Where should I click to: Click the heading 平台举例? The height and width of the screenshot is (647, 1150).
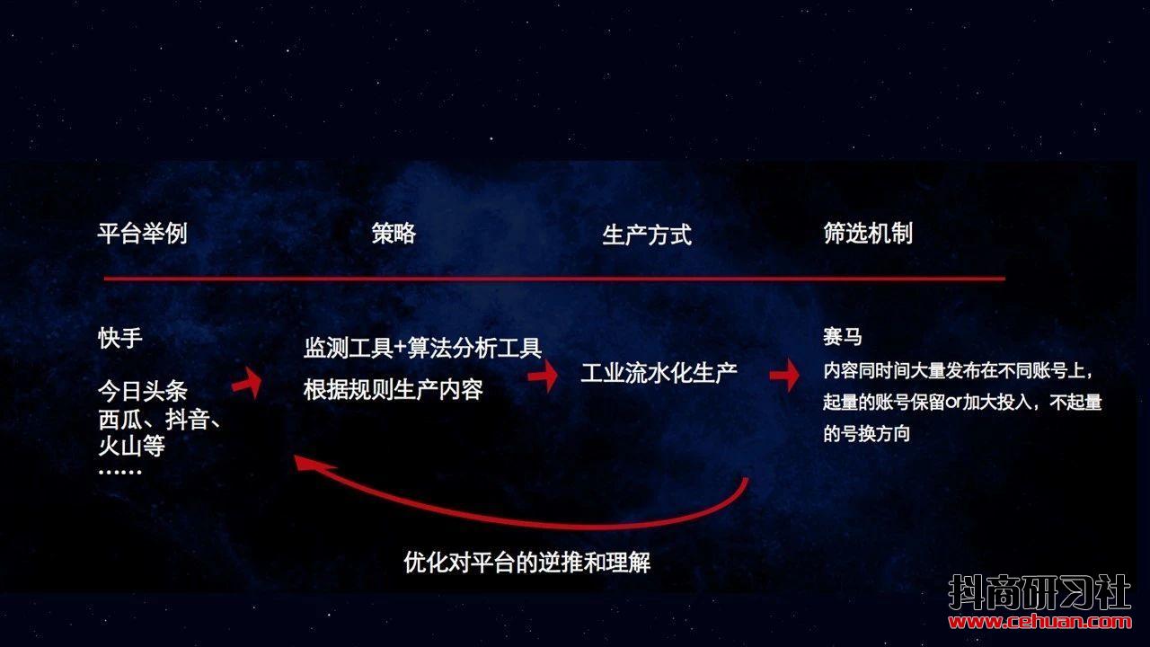[142, 234]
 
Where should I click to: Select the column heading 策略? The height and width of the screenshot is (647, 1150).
[394, 234]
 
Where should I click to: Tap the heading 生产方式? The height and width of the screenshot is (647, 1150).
[647, 235]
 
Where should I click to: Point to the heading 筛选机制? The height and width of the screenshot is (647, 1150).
[868, 233]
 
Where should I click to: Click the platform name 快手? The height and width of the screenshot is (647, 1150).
[120, 338]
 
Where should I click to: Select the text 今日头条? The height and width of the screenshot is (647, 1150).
[143, 391]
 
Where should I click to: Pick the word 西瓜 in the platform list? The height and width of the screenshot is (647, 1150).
[120, 420]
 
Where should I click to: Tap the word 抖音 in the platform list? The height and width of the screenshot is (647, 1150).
[188, 420]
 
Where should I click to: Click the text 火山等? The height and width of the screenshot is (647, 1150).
[131, 446]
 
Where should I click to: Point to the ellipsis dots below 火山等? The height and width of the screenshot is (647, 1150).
[119, 472]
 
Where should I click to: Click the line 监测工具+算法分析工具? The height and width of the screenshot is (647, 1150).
[422, 348]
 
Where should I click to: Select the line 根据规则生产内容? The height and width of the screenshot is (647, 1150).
[394, 390]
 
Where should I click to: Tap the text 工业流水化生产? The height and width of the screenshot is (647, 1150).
[659, 373]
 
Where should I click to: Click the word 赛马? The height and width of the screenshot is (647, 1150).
[843, 337]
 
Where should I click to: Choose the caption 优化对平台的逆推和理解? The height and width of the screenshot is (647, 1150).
[527, 562]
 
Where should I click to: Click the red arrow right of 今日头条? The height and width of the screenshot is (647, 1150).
[247, 383]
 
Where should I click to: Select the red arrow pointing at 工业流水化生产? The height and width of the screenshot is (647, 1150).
[544, 376]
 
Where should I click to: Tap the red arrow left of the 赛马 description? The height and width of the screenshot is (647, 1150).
[784, 376]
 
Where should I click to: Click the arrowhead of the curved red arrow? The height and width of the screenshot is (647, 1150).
[312, 463]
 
